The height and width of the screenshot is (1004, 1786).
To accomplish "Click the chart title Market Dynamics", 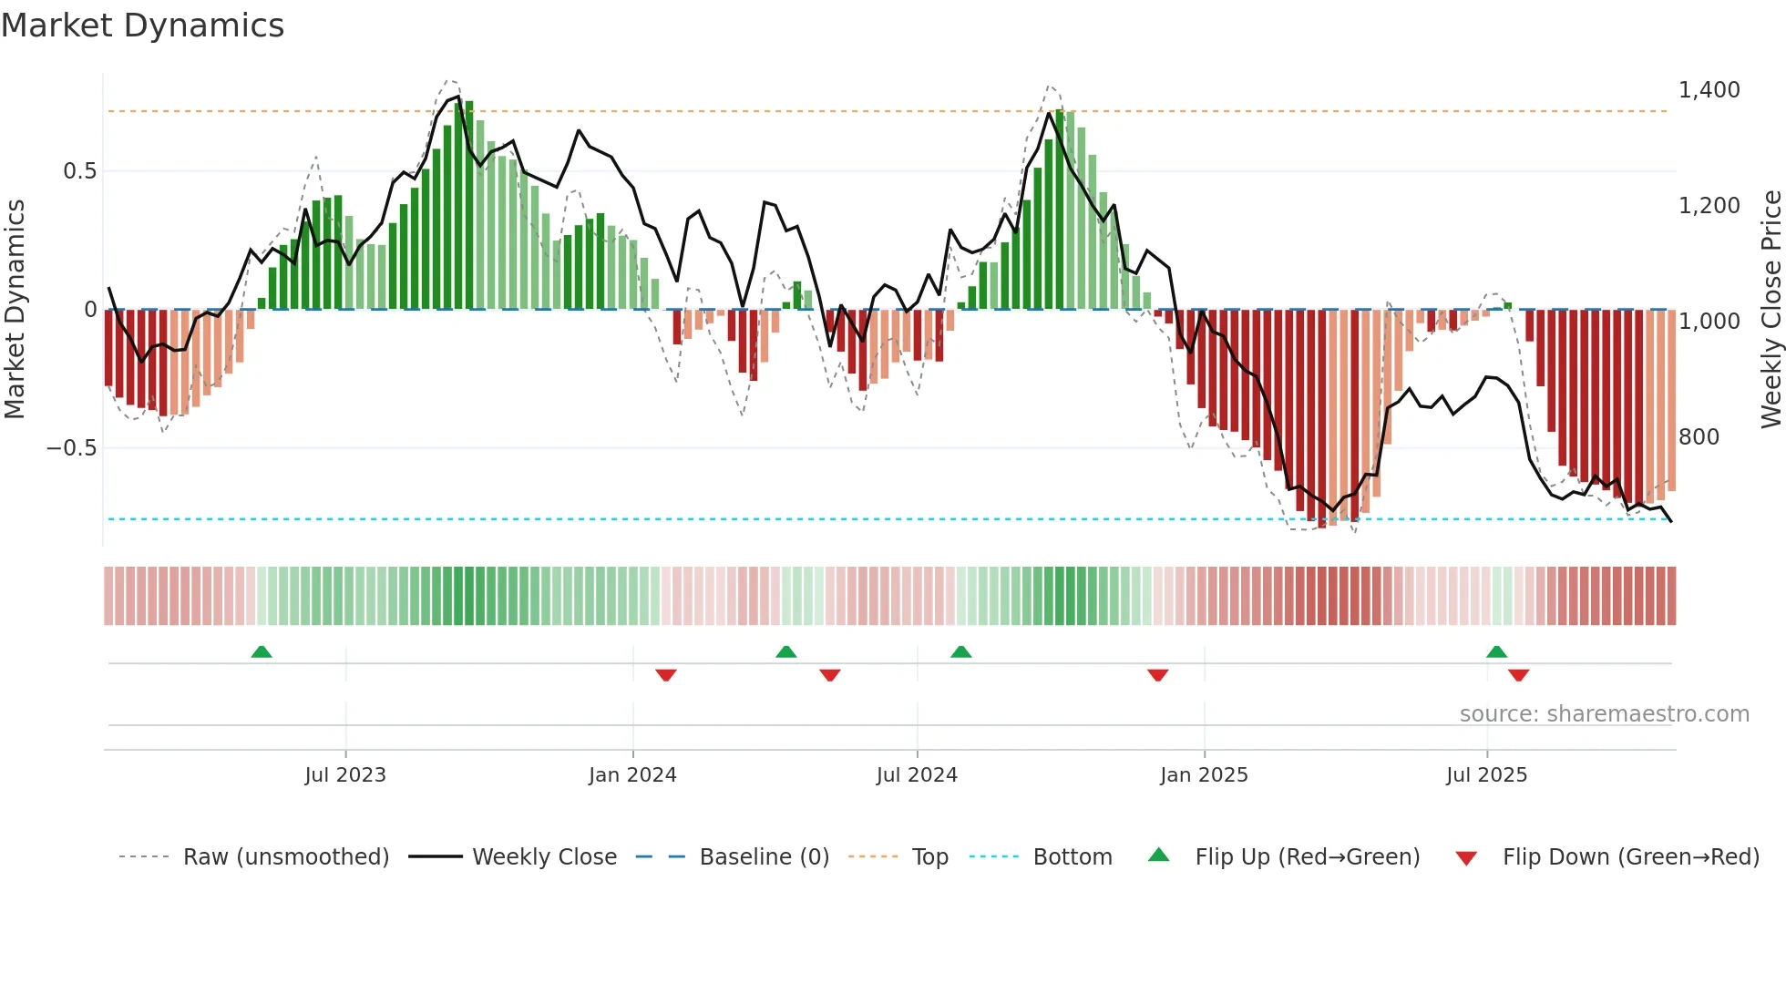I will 143,26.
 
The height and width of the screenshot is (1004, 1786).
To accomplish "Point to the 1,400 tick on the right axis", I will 1709,90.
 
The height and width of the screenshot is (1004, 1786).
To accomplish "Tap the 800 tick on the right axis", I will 1699,437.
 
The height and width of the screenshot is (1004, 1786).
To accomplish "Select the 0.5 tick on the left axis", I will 79,171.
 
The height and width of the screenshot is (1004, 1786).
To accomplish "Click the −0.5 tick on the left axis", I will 71,448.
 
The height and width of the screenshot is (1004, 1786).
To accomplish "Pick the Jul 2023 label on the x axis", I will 345,775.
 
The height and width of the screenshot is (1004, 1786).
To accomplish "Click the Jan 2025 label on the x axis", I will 1204,775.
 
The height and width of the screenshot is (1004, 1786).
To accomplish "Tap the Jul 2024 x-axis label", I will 917,775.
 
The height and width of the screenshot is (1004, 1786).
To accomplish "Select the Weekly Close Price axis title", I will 1771,310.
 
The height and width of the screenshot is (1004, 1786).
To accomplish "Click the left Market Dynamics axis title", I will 15,310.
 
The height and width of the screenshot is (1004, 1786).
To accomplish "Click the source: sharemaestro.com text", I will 1604,714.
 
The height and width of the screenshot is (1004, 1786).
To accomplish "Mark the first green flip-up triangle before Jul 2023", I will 262,651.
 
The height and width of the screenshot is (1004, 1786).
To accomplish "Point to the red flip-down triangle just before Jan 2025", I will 1157,675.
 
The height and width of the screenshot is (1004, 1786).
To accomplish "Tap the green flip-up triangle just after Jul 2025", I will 1496,651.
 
